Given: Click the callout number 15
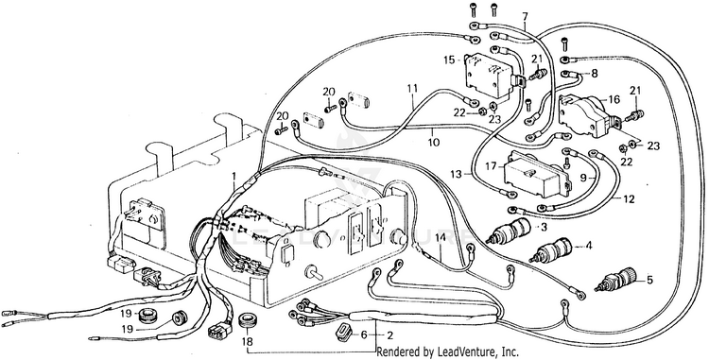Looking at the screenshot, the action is (x=448, y=60).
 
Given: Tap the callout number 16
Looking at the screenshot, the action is (x=614, y=100).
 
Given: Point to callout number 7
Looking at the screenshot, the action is (x=525, y=16).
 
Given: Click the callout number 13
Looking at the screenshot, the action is (x=457, y=174).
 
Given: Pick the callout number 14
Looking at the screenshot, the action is (x=441, y=237).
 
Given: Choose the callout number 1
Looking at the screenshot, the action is (x=233, y=175).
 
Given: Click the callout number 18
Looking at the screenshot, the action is (x=248, y=341).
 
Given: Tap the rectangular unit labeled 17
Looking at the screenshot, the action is (x=537, y=174).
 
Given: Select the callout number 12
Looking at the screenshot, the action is (x=629, y=199).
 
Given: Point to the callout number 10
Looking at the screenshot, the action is (x=433, y=143).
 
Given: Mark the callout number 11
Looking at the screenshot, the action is (x=411, y=88).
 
